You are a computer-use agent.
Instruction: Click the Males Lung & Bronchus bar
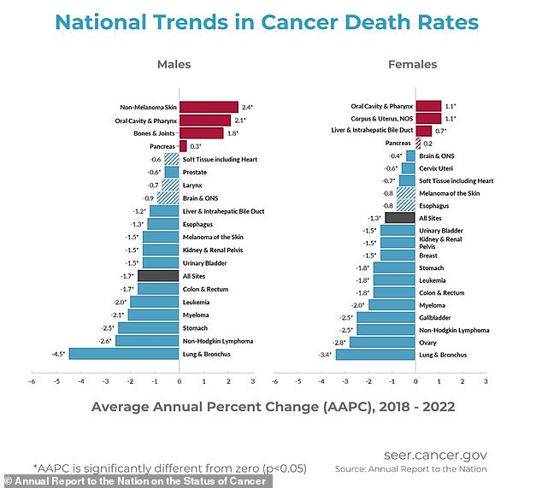(124, 354)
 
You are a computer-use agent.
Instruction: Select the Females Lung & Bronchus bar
(376, 354)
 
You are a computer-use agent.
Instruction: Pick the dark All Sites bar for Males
(159, 276)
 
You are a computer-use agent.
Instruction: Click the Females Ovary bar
(383, 342)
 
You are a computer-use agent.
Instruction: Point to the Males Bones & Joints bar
(201, 132)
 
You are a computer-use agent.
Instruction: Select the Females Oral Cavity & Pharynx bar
(428, 106)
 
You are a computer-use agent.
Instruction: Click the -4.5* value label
(58, 354)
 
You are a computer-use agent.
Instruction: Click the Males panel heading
(174, 64)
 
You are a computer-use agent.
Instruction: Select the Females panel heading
(413, 64)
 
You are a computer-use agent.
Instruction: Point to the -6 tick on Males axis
(32, 382)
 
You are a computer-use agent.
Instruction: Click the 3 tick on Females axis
(486, 382)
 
